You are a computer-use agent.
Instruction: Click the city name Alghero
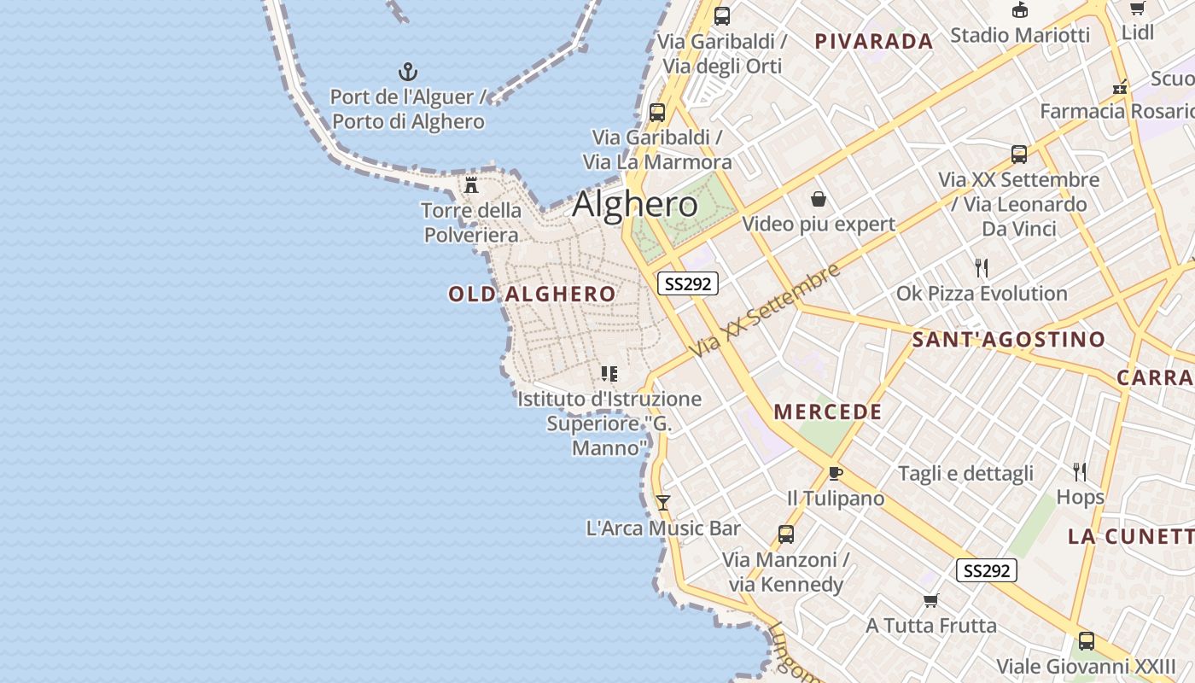point(635,205)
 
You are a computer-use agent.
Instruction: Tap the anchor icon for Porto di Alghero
point(408,72)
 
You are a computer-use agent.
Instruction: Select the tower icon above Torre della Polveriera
point(471,185)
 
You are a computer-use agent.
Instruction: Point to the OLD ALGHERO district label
point(532,295)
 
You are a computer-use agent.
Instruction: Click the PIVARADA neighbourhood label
point(873,41)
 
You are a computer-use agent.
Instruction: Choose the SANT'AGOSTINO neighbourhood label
point(1009,340)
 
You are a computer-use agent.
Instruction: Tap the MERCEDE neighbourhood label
point(828,412)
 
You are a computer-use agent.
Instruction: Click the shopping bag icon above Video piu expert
point(819,199)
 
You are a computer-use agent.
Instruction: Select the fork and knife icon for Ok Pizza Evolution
point(982,268)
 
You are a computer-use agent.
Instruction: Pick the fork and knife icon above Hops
point(1080,471)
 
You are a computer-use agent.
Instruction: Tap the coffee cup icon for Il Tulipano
point(835,473)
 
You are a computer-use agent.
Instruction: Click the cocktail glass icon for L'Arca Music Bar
point(662,503)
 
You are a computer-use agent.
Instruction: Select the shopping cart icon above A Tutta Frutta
point(930,600)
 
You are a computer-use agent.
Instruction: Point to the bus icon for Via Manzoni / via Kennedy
point(785,534)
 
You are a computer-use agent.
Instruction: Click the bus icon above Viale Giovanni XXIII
point(1086,640)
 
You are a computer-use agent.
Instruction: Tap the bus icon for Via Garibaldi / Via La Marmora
point(656,112)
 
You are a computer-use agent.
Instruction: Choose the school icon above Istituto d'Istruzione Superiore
point(609,373)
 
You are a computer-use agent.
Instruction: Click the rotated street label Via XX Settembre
point(766,311)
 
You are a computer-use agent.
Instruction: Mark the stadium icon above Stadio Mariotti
point(1019,10)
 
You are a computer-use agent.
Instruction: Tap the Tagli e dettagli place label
point(965,474)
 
